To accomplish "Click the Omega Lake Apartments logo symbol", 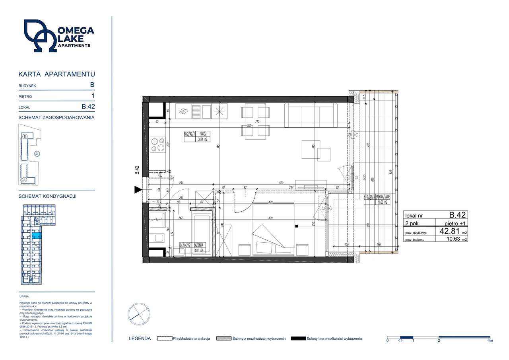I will pyautogui.click(x=40, y=36).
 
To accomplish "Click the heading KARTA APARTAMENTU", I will pyautogui.click(x=56, y=74).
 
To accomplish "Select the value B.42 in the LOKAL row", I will pyautogui.click(x=88, y=107).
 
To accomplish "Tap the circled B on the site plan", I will pyautogui.click(x=25, y=136).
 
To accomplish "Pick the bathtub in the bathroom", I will pyautogui.click(x=202, y=233).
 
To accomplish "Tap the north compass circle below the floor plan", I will pyautogui.click(x=139, y=315).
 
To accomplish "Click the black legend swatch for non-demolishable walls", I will pyautogui.click(x=298, y=339).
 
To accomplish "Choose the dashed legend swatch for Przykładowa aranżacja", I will pyautogui.click(x=164, y=339).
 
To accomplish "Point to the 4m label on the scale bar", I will pyautogui.click(x=490, y=341).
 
